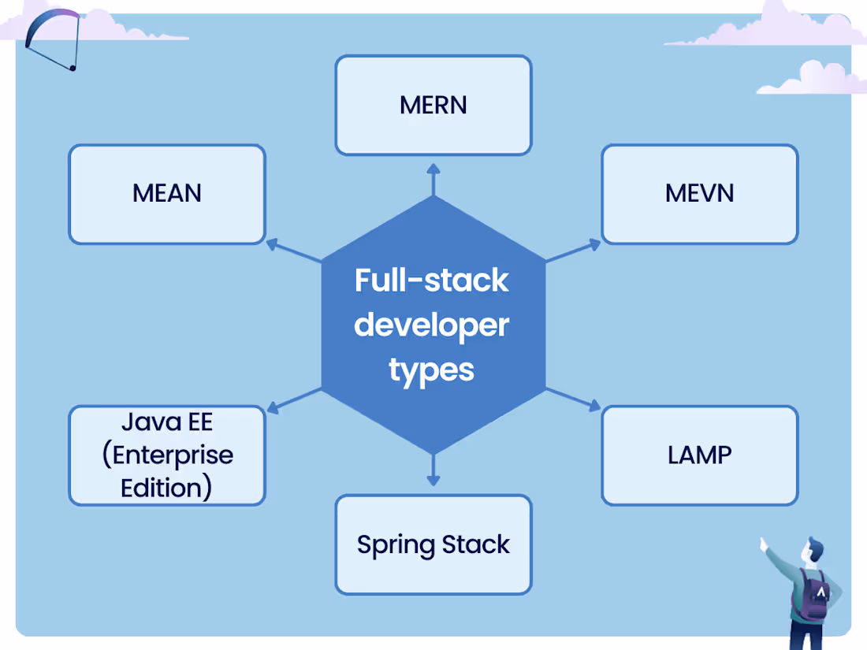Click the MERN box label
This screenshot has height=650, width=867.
pos(433,105)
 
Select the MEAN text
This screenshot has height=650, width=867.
pos(167,193)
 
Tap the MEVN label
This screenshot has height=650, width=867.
pos(699,193)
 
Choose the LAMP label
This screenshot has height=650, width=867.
pos(699,455)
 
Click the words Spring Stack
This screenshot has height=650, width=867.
pos(433,544)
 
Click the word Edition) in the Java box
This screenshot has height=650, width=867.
pos(166,488)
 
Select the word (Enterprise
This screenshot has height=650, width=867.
pos(167,455)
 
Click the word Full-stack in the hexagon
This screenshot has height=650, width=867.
pos(432,280)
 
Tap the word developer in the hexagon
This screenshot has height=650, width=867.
pos(432,325)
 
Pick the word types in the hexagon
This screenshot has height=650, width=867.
pos(432,369)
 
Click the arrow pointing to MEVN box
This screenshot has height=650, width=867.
pos(574,251)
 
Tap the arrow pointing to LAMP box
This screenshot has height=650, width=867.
pos(574,399)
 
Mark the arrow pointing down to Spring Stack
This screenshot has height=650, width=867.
pos(433,470)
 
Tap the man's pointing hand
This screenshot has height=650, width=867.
pos(763,543)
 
